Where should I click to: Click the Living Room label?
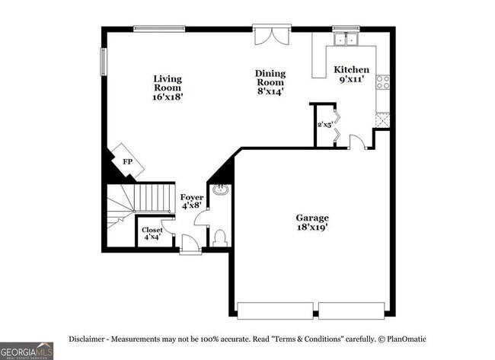(168, 83)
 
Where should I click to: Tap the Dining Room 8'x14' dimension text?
(270, 91)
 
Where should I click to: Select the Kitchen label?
(351, 69)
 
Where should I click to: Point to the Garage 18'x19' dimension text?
(312, 227)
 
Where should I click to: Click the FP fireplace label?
(127, 162)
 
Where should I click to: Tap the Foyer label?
(192, 198)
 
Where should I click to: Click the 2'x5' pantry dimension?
(325, 125)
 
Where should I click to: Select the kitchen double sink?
(346, 39)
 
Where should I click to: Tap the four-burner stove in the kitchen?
(382, 81)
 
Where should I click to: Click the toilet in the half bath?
(220, 238)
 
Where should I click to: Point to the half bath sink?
(220, 190)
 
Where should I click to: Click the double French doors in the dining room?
(272, 36)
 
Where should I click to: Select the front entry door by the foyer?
(190, 244)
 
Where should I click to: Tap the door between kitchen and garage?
(358, 142)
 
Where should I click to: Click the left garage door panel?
(275, 311)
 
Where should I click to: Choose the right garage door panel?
(351, 311)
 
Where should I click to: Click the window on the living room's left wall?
(104, 62)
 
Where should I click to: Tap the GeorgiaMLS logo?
(27, 351)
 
